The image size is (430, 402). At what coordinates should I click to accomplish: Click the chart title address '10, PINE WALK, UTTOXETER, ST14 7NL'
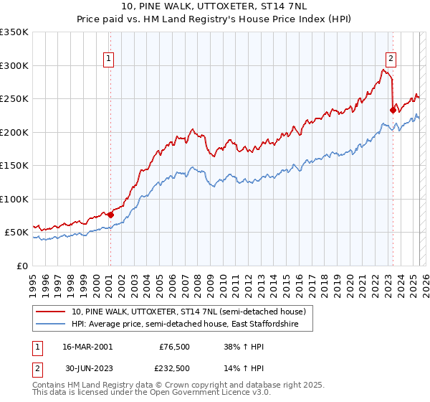coord(215,7)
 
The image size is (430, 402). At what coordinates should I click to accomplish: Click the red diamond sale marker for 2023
coord(393,110)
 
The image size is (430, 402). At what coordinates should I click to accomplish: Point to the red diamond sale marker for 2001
coord(110,214)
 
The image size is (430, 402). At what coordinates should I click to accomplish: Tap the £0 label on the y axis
coord(21,266)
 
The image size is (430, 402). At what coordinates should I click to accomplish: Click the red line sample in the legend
coord(51,312)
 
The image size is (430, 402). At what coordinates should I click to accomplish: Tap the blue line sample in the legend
coord(51,324)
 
